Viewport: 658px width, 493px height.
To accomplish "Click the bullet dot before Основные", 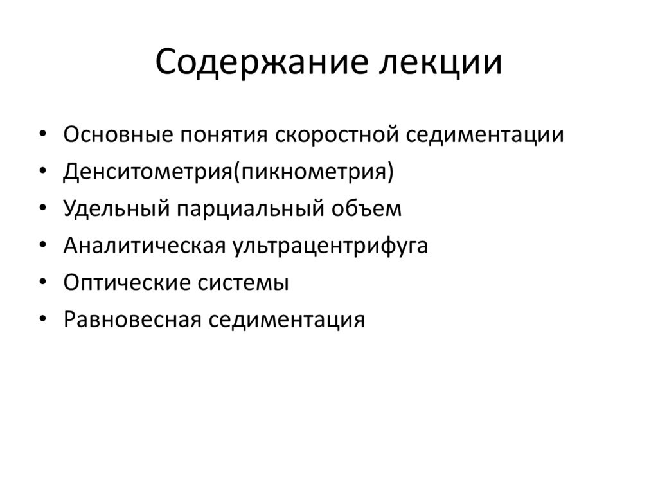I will (42, 136).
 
